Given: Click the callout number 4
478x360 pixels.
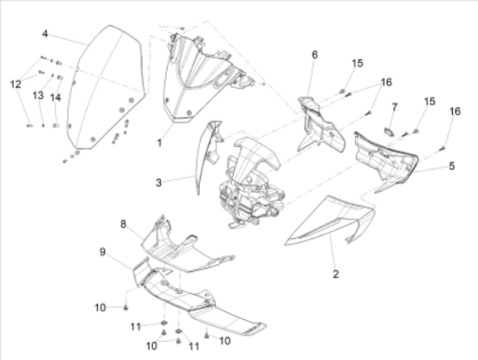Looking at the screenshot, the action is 45,34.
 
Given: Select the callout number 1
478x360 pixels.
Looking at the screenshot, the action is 159,143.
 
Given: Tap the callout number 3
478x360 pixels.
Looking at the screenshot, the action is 158,183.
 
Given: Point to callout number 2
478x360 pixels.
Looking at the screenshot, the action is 335,274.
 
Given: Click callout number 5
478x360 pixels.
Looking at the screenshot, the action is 452,166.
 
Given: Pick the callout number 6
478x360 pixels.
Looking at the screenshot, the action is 315,55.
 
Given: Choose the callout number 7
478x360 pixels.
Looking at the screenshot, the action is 395,107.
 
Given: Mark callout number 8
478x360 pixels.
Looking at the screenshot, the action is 123,224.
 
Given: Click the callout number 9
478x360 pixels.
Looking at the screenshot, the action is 103,252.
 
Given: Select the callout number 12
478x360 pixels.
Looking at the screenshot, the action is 16,83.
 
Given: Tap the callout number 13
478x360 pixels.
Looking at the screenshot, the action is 38,96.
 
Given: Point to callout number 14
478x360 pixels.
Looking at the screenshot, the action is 56,97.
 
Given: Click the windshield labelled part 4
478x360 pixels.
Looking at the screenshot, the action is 105,89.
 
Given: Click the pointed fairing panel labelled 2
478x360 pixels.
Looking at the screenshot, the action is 329,221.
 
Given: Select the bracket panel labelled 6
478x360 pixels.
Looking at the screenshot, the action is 320,125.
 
